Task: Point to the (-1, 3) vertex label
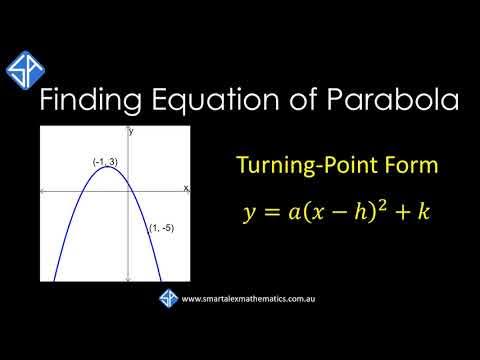105,162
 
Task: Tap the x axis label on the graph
185,187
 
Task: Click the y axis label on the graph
131,131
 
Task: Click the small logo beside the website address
167,298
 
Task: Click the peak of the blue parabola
107,167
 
